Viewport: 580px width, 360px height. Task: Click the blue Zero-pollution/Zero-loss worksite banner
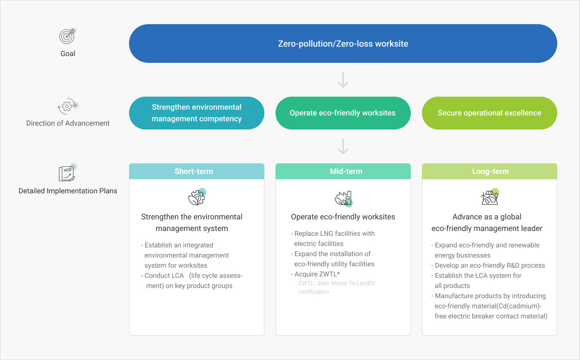pyautogui.click(x=343, y=43)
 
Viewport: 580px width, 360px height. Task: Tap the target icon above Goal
pyautogui.click(x=67, y=36)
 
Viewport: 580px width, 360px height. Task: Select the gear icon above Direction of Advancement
pyautogui.click(x=68, y=106)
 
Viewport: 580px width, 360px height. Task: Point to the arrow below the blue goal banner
pyautogui.click(x=343, y=80)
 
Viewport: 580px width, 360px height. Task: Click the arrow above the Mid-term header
pyautogui.click(x=343, y=146)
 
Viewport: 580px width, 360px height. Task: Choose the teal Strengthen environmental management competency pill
pyautogui.click(x=197, y=113)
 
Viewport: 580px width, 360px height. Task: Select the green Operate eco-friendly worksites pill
pyautogui.click(x=343, y=113)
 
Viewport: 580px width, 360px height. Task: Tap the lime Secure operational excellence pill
pyautogui.click(x=489, y=113)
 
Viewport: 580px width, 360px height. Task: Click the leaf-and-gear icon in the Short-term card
pyautogui.click(x=197, y=197)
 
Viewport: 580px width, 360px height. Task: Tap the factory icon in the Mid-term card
pyautogui.click(x=344, y=199)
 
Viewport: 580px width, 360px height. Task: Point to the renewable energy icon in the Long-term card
pyautogui.click(x=490, y=197)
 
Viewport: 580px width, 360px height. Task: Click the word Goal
pyautogui.click(x=68, y=54)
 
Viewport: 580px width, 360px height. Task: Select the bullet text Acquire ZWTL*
pyautogui.click(x=315, y=274)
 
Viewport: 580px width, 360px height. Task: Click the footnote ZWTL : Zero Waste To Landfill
pyautogui.click(x=335, y=283)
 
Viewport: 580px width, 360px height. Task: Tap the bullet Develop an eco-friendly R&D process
pyautogui.click(x=488, y=266)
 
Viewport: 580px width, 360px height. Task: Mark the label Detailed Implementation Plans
pyautogui.click(x=68, y=191)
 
